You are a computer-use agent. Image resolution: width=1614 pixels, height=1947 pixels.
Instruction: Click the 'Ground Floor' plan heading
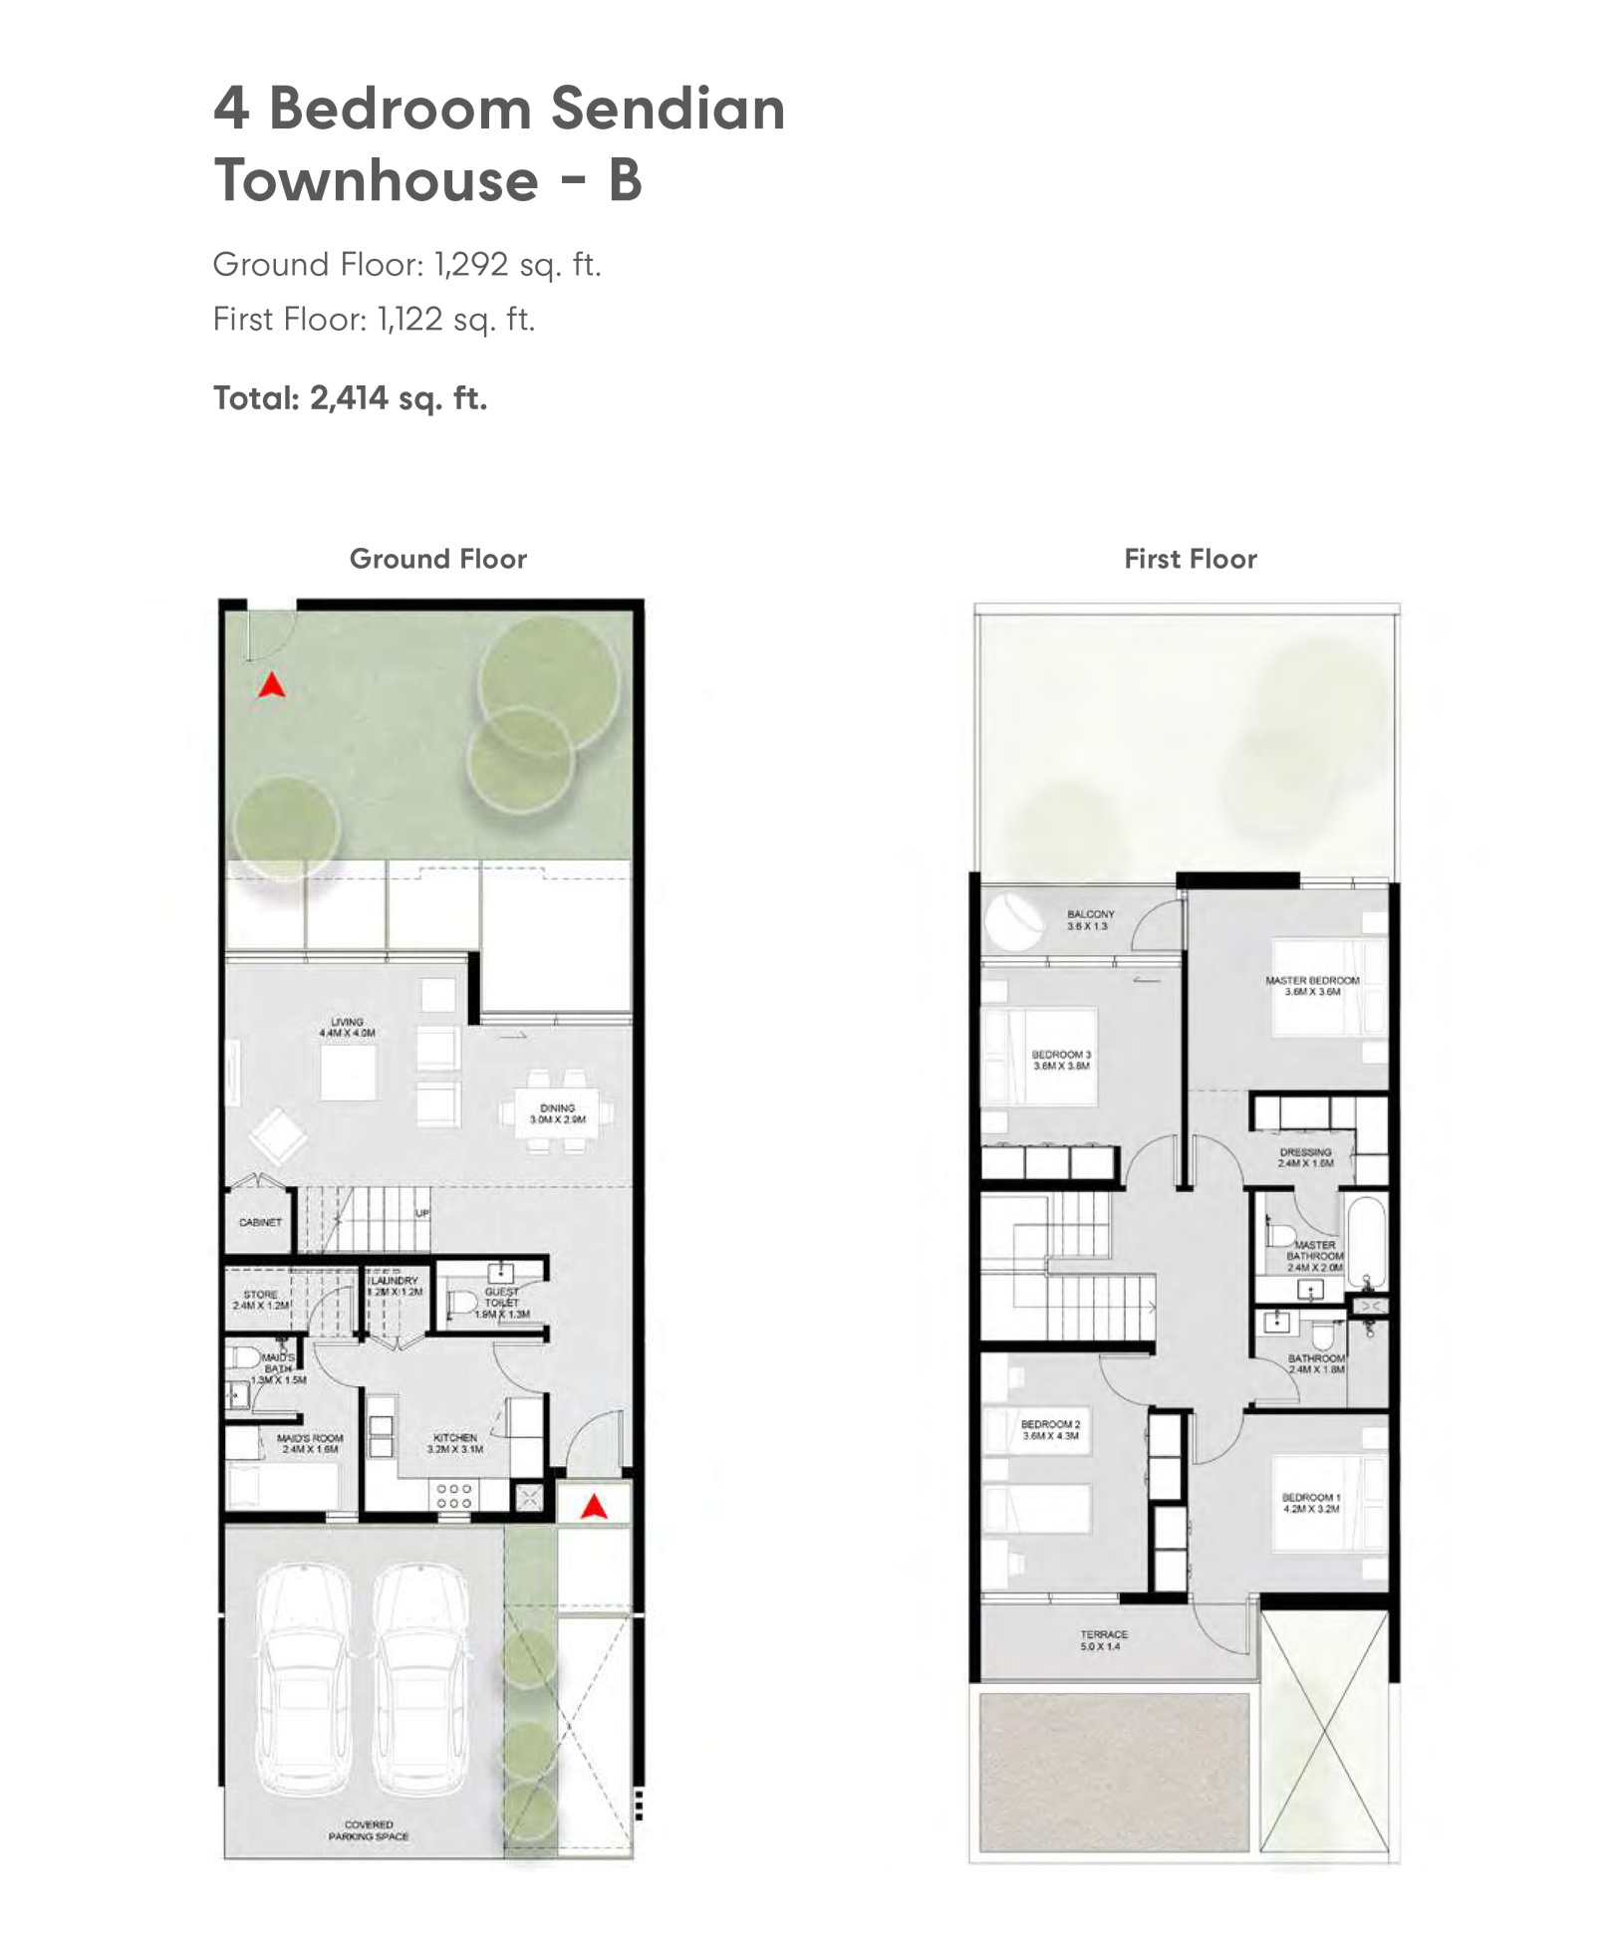point(437,559)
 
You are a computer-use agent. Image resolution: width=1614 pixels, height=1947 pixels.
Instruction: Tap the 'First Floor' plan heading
point(1191,559)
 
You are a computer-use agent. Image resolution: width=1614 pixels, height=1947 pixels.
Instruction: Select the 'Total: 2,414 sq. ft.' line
point(350,398)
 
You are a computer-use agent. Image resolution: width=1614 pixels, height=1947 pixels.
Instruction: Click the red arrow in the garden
point(272,685)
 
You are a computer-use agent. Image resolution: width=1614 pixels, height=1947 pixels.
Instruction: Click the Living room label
point(347,1028)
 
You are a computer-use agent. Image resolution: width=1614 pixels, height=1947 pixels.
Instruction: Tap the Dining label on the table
point(558,1113)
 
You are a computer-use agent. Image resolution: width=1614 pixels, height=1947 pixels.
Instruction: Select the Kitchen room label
point(455,1443)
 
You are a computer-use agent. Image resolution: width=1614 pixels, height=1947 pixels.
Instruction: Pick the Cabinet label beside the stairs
point(260,1222)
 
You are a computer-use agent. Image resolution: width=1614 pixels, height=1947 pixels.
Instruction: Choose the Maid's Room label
point(310,1443)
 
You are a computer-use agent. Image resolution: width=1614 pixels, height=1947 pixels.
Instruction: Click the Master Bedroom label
point(1312,986)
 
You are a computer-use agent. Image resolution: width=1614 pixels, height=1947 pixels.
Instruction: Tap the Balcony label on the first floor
point(1090,919)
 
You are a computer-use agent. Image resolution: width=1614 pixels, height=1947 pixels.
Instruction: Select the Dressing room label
point(1305,1157)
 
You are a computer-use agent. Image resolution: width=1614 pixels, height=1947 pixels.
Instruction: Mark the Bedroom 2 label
point(1050,1430)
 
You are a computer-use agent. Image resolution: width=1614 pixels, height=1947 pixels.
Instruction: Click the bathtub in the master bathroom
point(1366,1245)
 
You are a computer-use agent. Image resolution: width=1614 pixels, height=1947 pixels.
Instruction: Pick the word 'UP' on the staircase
point(422,1214)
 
